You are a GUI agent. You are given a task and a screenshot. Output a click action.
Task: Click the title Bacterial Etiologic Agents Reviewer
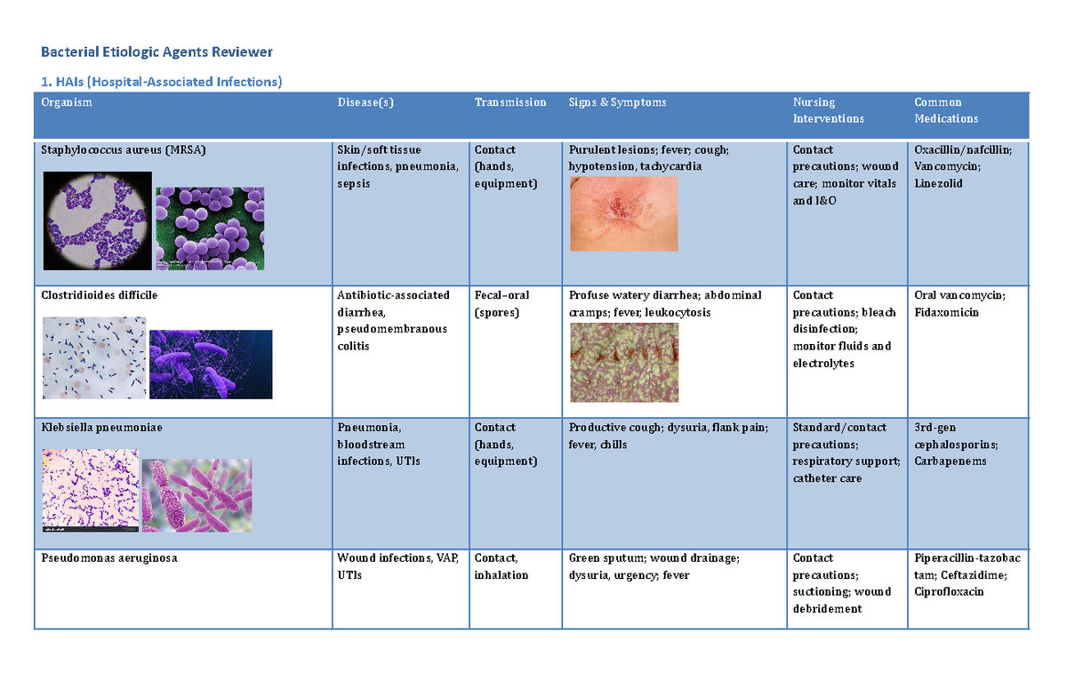coord(157,52)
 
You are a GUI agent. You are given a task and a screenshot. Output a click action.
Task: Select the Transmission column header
coord(510,102)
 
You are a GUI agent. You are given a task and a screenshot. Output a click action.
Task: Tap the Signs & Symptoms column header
coord(617,102)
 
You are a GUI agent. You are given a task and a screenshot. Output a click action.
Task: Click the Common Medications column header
coord(946,110)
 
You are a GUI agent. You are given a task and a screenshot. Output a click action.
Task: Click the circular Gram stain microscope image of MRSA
coord(96,221)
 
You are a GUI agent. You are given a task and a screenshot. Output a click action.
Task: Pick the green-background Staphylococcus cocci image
coord(209,228)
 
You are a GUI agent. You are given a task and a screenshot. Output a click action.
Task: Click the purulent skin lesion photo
coord(623,213)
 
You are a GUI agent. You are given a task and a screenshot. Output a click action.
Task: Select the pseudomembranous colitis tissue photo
coord(623,362)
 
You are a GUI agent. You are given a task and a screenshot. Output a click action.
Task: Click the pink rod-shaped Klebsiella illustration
coord(197,495)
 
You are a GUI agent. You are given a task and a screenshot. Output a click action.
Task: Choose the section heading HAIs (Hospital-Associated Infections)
coord(161,82)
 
